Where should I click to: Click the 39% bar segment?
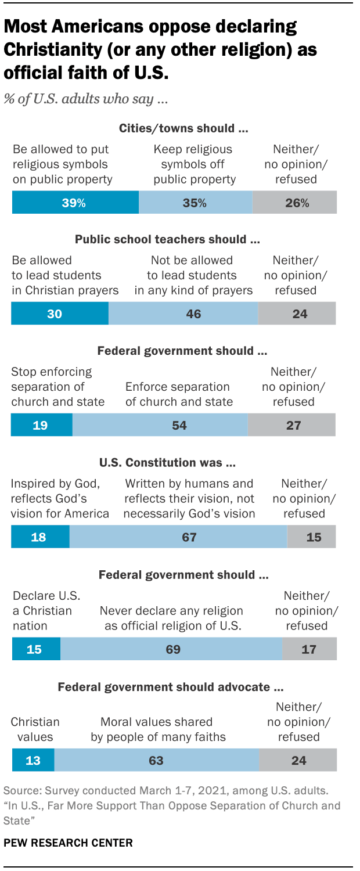pyautogui.click(x=75, y=203)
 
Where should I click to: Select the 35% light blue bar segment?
pyautogui.click(x=195, y=203)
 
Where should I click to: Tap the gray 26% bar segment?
pyautogui.click(x=294, y=203)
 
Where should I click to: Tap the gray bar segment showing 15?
pyautogui.click(x=312, y=537)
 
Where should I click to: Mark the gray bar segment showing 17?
pyautogui.click(x=309, y=649)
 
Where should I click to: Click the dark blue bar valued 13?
pyautogui.click(x=33, y=760)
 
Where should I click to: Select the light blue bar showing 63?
pyautogui.click(x=156, y=760)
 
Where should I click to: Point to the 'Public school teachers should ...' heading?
pyautogui.click(x=168, y=239)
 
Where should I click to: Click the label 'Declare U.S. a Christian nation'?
pyautogui.click(x=46, y=611)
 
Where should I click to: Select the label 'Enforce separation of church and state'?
pyautogui.click(x=179, y=394)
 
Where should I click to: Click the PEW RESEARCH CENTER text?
pyautogui.click(x=69, y=842)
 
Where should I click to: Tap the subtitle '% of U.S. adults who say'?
pyautogui.click(x=86, y=99)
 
